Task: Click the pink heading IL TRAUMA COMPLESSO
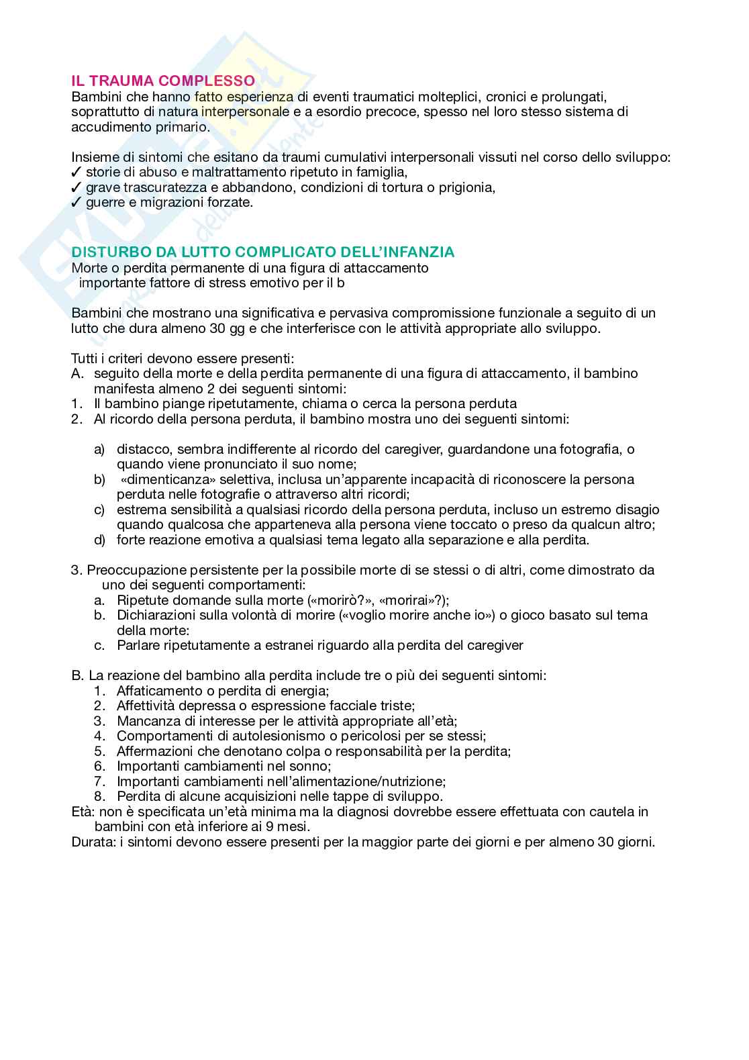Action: [162, 81]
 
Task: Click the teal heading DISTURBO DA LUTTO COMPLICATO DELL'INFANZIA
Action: [262, 252]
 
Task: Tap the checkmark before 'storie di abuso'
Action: [77, 173]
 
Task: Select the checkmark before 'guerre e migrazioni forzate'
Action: [77, 202]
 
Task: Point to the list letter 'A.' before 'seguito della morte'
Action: [78, 373]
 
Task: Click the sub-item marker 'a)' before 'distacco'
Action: [99, 449]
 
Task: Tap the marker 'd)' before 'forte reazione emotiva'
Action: [99, 540]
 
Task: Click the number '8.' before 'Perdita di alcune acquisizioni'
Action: [101, 797]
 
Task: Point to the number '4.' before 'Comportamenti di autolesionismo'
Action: [101, 736]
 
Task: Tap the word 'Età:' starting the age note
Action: [83, 812]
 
